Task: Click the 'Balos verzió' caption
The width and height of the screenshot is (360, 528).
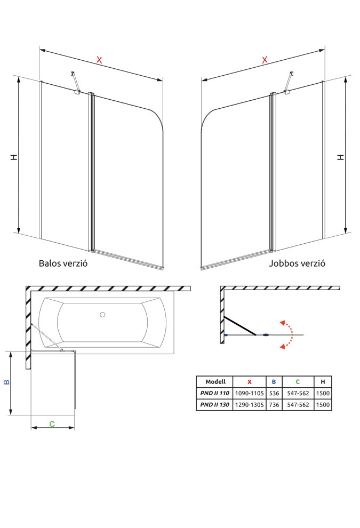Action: (x=63, y=263)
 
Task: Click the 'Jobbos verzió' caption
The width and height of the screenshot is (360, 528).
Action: (x=297, y=263)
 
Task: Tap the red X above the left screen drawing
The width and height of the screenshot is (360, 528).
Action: (x=99, y=60)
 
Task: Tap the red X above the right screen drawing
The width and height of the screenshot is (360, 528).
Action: (x=265, y=60)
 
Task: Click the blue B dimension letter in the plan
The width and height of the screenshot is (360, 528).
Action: (x=6, y=382)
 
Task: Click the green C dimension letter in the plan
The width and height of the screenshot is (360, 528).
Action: (x=52, y=424)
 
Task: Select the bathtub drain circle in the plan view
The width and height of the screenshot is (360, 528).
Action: (x=102, y=315)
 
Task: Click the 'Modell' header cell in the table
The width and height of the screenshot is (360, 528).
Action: (x=215, y=382)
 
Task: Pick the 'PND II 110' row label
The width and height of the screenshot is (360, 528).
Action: (x=215, y=394)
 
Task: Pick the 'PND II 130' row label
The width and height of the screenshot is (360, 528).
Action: (x=215, y=405)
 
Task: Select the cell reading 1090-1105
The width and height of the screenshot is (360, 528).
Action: (x=249, y=394)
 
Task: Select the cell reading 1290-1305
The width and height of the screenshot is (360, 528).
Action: (x=249, y=405)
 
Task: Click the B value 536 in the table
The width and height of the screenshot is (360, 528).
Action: (x=274, y=394)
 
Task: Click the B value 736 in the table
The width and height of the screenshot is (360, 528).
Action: (x=274, y=405)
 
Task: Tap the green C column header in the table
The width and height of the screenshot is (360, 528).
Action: (x=298, y=382)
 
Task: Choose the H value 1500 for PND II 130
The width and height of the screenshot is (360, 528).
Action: (x=323, y=405)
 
